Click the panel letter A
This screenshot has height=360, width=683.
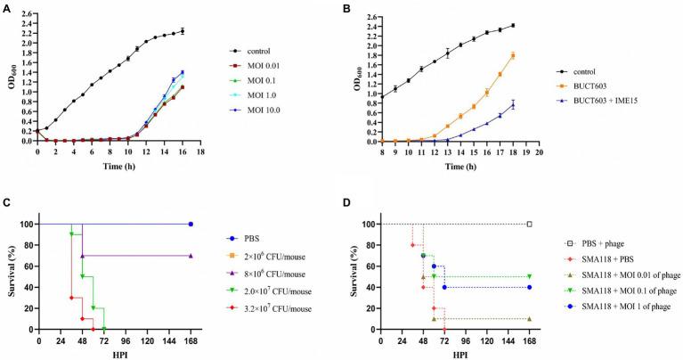[x=7, y=8]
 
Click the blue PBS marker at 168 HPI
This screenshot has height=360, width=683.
[x=191, y=224]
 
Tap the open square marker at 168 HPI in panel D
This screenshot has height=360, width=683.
[x=530, y=224]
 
